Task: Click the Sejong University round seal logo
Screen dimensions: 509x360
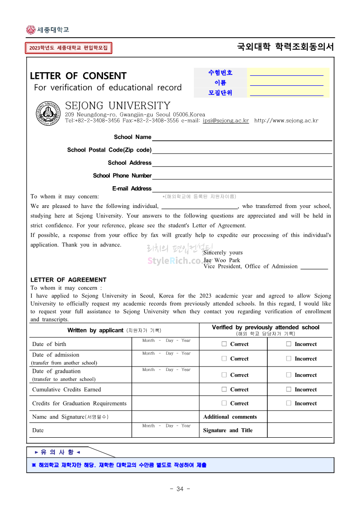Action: [x=49, y=113]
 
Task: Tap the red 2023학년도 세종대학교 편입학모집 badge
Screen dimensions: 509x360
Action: [x=69, y=48]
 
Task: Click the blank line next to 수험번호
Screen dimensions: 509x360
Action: [x=286, y=73]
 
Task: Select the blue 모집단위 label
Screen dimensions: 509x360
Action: [x=220, y=93]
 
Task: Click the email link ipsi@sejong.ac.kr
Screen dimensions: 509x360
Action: [x=226, y=121]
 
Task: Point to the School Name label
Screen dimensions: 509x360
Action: [x=133, y=137]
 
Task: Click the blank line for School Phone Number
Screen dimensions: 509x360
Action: [x=242, y=176]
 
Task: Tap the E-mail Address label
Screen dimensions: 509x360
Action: [x=132, y=188]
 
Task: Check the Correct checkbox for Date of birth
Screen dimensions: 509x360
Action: [x=224, y=344]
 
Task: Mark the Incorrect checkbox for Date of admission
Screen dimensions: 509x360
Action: [x=289, y=359]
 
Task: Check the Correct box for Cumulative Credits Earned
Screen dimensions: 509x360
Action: [x=224, y=390]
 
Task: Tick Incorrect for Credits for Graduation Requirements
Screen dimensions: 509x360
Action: [x=289, y=403]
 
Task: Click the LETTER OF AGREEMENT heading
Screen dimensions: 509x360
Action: [x=68, y=280]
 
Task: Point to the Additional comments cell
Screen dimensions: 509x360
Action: [x=230, y=417]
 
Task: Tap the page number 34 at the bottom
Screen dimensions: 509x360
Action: [x=180, y=489]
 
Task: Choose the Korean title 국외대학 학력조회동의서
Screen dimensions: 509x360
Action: [x=285, y=47]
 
